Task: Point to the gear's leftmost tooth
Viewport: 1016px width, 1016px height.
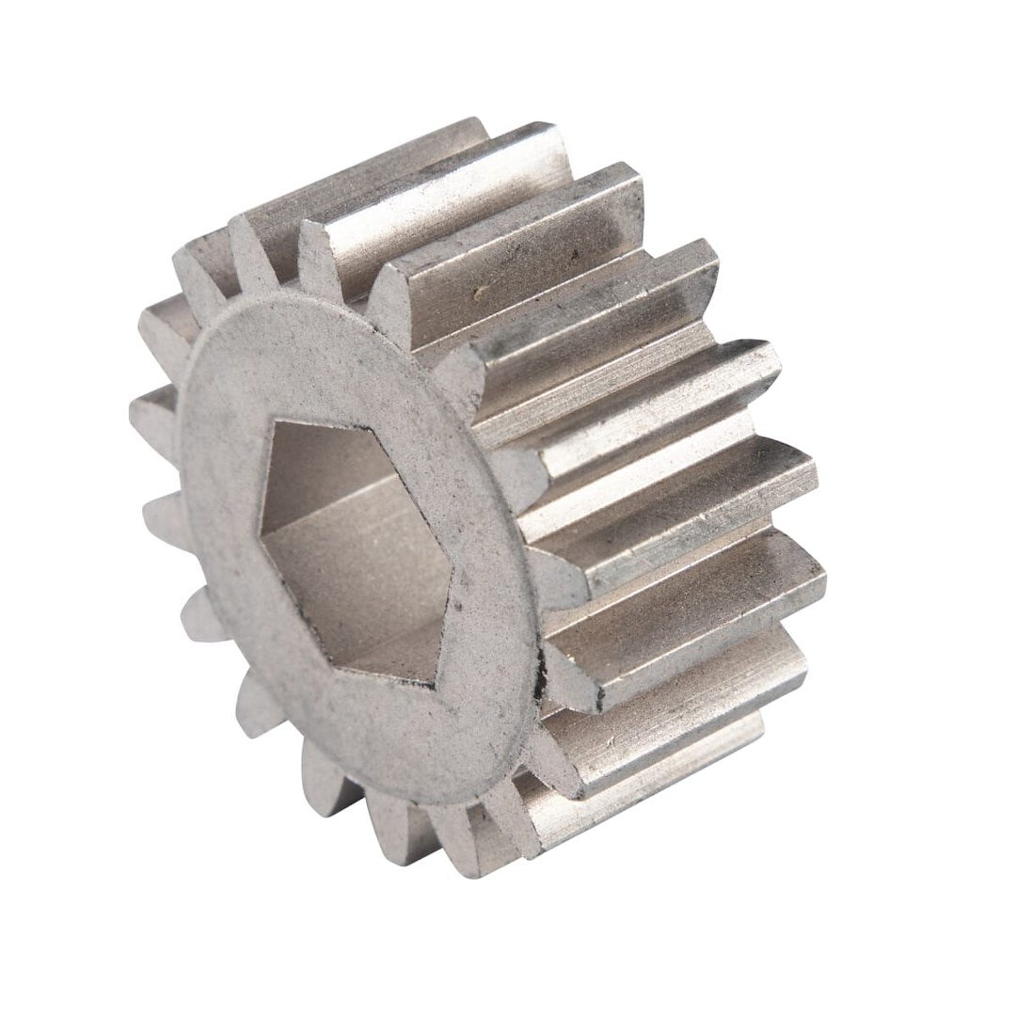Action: coord(151,414)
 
